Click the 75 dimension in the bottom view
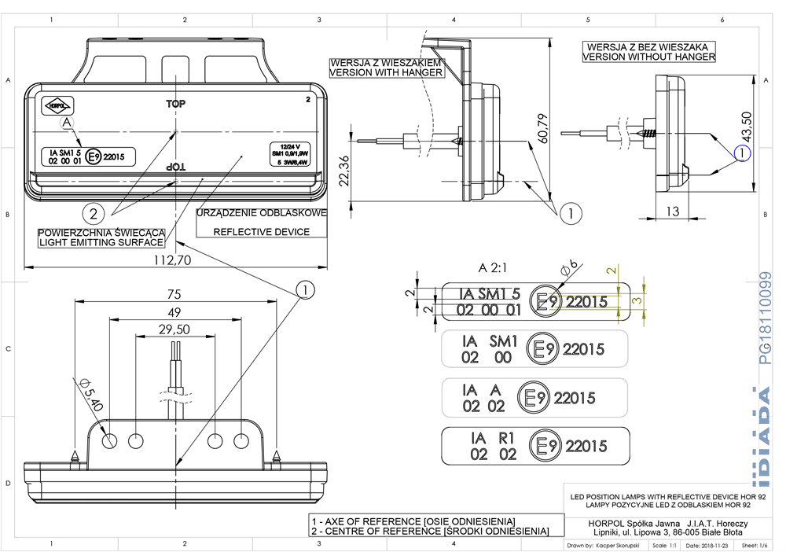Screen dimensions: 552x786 point(174,294)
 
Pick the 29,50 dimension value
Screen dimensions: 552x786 point(174,329)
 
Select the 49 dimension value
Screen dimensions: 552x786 point(174,312)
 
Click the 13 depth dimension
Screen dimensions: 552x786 point(672,211)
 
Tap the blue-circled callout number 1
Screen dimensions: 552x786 point(743,154)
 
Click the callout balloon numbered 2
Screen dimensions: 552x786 point(94,212)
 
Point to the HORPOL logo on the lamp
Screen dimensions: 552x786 point(58,104)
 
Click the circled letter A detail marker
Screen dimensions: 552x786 point(68,123)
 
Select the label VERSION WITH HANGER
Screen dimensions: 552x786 point(386,72)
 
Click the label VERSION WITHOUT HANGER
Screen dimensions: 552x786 point(649,57)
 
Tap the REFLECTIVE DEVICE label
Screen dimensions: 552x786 point(260,232)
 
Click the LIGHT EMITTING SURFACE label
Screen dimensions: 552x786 point(101,242)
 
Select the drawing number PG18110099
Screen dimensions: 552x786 point(766,318)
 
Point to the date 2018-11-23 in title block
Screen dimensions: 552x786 point(705,545)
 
